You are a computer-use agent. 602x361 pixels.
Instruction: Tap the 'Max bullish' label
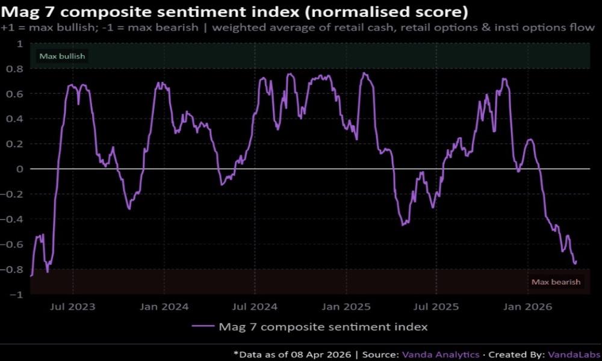pyautogui.click(x=62, y=57)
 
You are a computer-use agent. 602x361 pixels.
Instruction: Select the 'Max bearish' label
pyautogui.click(x=556, y=282)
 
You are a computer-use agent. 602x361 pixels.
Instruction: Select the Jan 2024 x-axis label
pyautogui.click(x=164, y=306)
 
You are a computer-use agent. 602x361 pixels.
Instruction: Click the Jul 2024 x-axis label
pyautogui.click(x=256, y=306)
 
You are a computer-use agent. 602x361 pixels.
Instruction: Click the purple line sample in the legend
pyautogui.click(x=203, y=327)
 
